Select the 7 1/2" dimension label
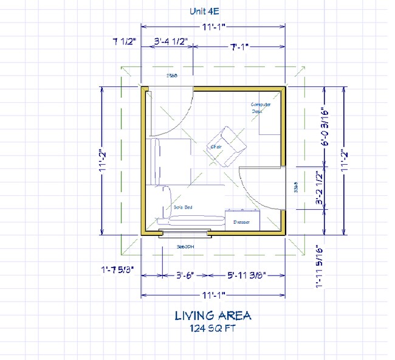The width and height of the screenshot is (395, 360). (124, 42)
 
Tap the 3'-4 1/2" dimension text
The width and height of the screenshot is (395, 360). (171, 42)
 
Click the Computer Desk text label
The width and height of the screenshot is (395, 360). (261, 108)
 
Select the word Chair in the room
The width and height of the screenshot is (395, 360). (216, 147)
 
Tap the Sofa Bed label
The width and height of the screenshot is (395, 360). (182, 207)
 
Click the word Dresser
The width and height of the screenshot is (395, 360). (241, 223)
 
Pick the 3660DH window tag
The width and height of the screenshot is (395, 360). (185, 247)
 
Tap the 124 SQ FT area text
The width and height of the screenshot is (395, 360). (213, 328)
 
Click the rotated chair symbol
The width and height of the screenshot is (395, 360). (228, 147)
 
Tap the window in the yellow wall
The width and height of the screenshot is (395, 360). (185, 234)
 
